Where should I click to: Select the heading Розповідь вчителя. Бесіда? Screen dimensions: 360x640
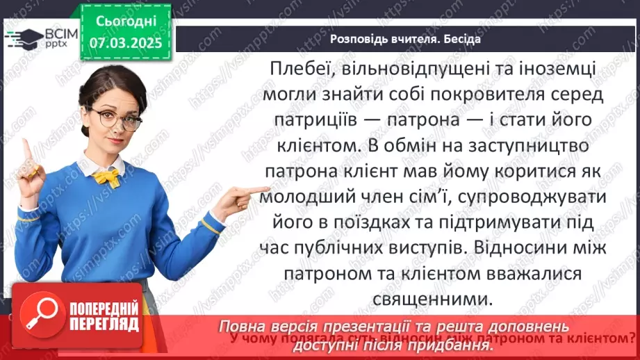pyautogui.click(x=404, y=39)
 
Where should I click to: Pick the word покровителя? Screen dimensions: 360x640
pyautogui.click(x=481, y=95)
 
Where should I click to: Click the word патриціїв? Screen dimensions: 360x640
pyautogui.click(x=302, y=120)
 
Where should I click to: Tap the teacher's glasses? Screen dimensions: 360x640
pyautogui.click(x=119, y=119)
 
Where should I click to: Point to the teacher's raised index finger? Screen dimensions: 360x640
pyautogui.click(x=26, y=148)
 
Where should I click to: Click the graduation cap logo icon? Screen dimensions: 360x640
pyautogui.click(x=22, y=38)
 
